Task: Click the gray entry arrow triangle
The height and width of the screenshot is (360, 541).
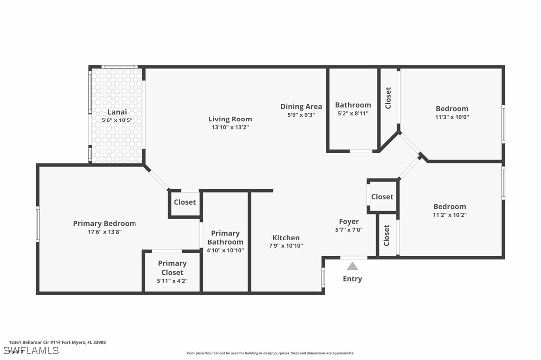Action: tap(352, 266)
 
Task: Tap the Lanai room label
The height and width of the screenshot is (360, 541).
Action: tap(117, 112)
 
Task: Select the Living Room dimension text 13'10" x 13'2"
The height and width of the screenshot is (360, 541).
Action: tap(230, 127)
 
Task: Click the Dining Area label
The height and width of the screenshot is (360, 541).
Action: tap(301, 107)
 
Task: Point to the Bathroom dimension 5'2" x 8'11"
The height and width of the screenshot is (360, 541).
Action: tap(353, 113)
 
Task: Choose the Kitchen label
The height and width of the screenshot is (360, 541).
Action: tap(286, 238)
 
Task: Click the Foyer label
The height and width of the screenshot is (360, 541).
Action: tap(349, 222)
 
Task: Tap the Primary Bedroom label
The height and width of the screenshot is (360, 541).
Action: tap(105, 224)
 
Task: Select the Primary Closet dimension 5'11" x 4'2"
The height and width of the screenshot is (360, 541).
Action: tap(172, 281)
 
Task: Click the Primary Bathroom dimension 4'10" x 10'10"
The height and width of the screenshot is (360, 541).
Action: tap(225, 250)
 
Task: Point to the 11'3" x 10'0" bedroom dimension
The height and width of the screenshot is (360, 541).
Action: tap(452, 117)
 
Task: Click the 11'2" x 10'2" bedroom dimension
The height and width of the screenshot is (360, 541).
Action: tap(450, 215)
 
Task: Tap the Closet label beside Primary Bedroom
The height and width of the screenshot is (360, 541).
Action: tap(185, 202)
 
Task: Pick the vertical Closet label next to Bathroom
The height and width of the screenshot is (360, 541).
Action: tap(388, 98)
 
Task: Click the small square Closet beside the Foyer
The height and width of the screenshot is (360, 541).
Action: tap(382, 197)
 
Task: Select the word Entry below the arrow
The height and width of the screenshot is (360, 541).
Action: tap(352, 279)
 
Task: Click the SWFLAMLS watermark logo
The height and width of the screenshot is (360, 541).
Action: tap(31, 351)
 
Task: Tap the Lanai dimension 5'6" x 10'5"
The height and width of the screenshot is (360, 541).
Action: tap(117, 120)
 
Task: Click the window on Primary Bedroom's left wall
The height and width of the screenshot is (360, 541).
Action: tap(37, 224)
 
